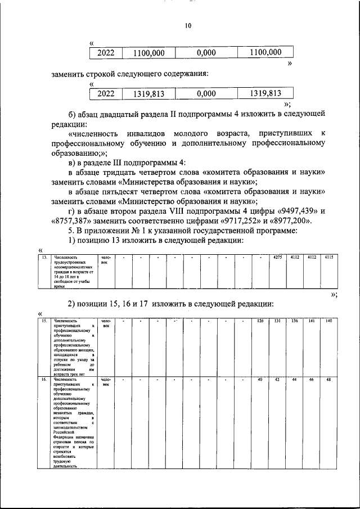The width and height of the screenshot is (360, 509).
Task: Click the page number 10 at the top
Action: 188,25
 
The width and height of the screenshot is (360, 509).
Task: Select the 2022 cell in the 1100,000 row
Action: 106,53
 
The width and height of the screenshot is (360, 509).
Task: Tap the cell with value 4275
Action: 277,258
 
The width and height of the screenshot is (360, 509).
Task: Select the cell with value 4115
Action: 328,258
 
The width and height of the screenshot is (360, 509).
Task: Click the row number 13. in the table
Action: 43,258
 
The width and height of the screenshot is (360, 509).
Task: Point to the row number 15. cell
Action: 43,321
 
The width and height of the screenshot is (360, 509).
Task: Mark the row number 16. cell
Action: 43,381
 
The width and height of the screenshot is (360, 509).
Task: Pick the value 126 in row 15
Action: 260,321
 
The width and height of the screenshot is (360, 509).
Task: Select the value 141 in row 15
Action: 311,321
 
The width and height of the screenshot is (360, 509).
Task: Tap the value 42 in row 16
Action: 277,381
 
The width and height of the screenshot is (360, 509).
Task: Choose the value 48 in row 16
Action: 328,381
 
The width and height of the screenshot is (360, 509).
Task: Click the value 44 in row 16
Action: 294,381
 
